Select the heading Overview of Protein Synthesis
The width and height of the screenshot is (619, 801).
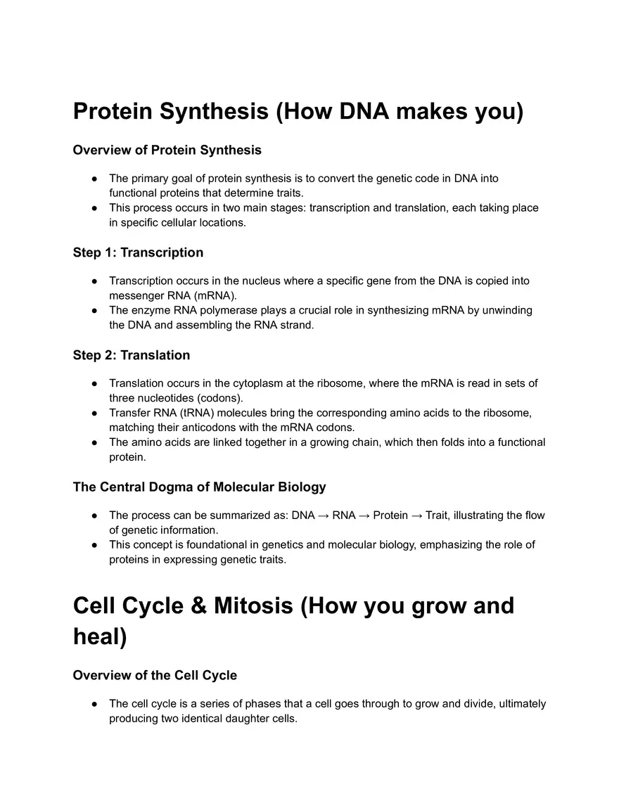click(x=167, y=150)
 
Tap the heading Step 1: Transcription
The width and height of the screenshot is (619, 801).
click(x=138, y=252)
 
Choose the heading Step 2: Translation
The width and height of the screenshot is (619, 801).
click(x=132, y=355)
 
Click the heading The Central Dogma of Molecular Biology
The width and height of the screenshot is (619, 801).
click(x=199, y=487)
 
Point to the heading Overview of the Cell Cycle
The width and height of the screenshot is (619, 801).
click(x=155, y=675)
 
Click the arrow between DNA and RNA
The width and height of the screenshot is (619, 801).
click(x=324, y=515)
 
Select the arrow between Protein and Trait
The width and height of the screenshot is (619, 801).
click(x=416, y=515)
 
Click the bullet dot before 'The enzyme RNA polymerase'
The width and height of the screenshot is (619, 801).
click(x=94, y=310)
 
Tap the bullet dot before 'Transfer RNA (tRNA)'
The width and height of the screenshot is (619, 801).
click(x=94, y=413)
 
